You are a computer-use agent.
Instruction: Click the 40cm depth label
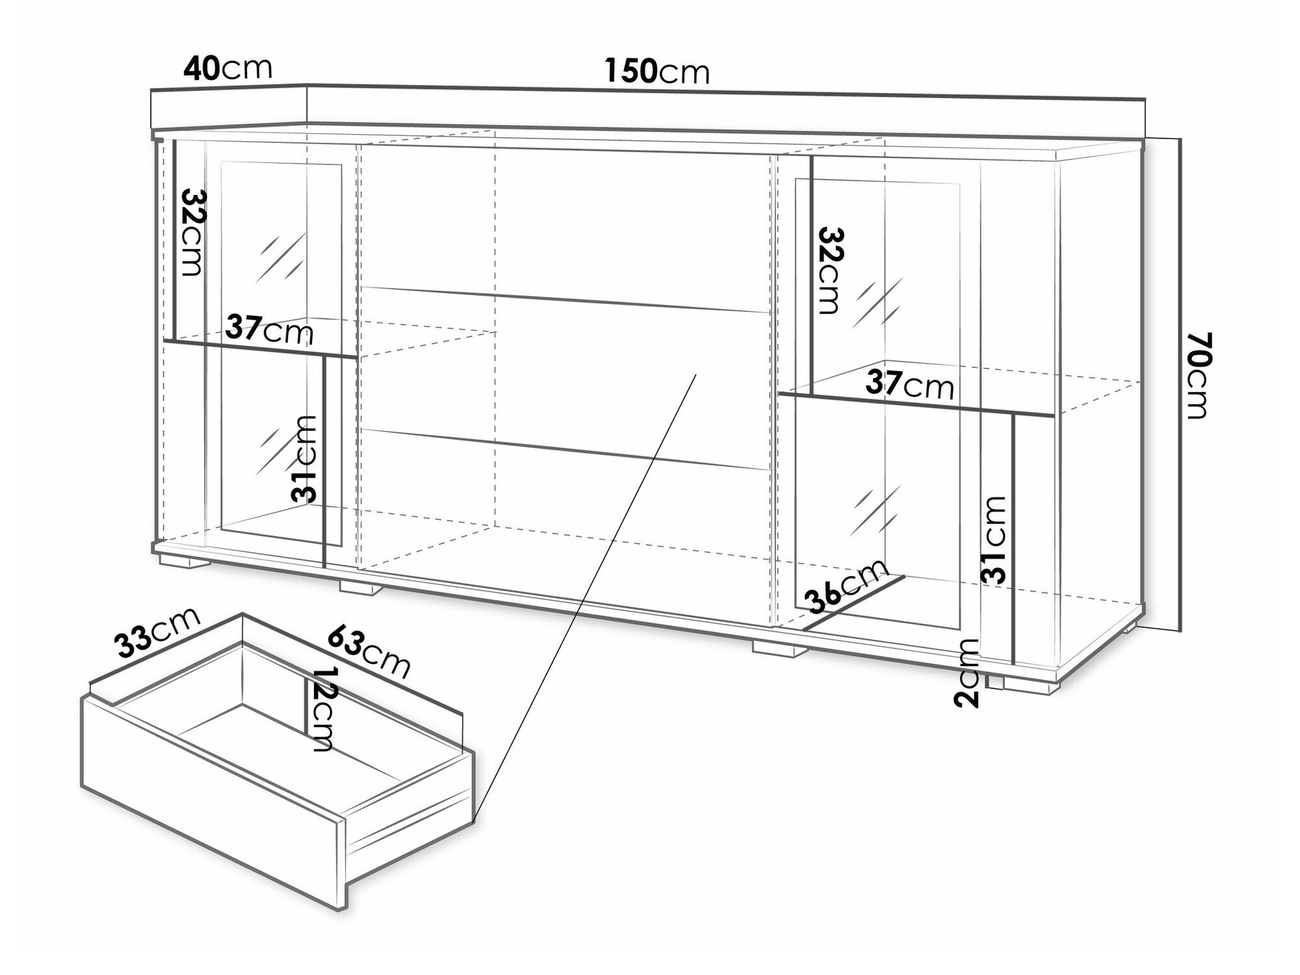point(227,68)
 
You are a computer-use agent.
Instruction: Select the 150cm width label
point(657,71)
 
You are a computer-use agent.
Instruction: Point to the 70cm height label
point(1197,375)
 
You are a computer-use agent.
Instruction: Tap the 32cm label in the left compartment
point(193,232)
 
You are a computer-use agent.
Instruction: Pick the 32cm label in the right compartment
point(830,270)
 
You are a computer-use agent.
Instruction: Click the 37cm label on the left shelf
point(270,330)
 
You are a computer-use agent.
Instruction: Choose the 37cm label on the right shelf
point(910,385)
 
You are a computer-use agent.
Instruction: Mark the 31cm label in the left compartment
point(304,459)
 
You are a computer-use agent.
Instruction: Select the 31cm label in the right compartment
point(994,539)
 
